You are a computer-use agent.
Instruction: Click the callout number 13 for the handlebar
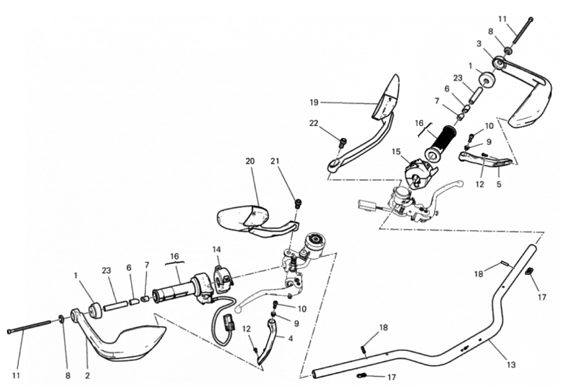(511, 365)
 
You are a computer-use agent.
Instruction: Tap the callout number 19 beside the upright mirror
(314, 103)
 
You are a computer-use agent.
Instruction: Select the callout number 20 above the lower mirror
(250, 161)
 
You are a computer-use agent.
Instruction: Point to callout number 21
(274, 161)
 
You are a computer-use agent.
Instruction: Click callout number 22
(313, 123)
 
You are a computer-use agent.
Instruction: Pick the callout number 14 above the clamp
(217, 249)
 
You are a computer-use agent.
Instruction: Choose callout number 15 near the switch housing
(396, 152)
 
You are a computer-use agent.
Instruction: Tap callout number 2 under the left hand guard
(87, 376)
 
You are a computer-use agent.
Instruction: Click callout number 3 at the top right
(479, 44)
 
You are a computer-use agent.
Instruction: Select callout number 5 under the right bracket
(499, 185)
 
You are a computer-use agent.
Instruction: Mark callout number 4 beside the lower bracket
(291, 338)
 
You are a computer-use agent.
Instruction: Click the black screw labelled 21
(298, 203)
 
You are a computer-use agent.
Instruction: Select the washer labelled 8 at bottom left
(62, 318)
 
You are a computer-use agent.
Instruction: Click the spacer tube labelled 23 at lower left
(116, 305)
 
